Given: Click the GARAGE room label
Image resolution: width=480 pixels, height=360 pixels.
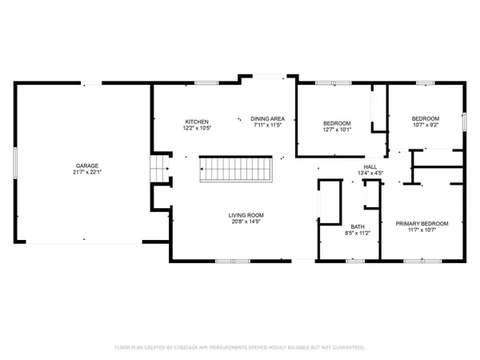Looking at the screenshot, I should click(x=82, y=166).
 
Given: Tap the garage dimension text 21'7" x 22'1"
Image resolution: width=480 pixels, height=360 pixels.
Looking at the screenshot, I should click(x=82, y=172).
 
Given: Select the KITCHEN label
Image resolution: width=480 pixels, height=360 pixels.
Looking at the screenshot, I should click(x=197, y=122).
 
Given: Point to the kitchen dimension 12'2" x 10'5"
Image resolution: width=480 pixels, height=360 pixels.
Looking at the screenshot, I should click(x=197, y=128).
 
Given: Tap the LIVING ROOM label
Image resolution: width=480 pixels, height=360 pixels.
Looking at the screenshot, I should click(x=246, y=215).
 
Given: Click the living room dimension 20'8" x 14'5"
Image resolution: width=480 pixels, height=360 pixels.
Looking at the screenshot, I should click(x=246, y=222).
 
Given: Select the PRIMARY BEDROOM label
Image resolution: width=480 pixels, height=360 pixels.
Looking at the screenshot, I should click(x=422, y=223).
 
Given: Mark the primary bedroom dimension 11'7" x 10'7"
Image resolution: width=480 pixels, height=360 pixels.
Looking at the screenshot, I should click(x=422, y=230).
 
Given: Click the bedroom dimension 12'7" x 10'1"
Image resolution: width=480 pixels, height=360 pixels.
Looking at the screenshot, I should click(x=337, y=130).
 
